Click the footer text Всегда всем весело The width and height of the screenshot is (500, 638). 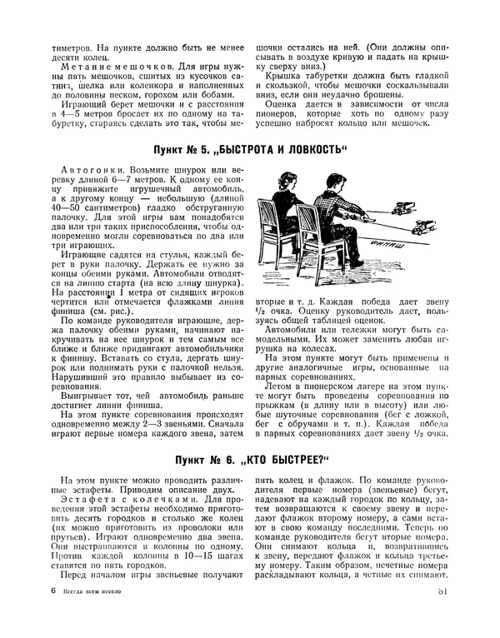coord(90,616)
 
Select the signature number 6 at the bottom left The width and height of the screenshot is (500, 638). coord(52,616)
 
